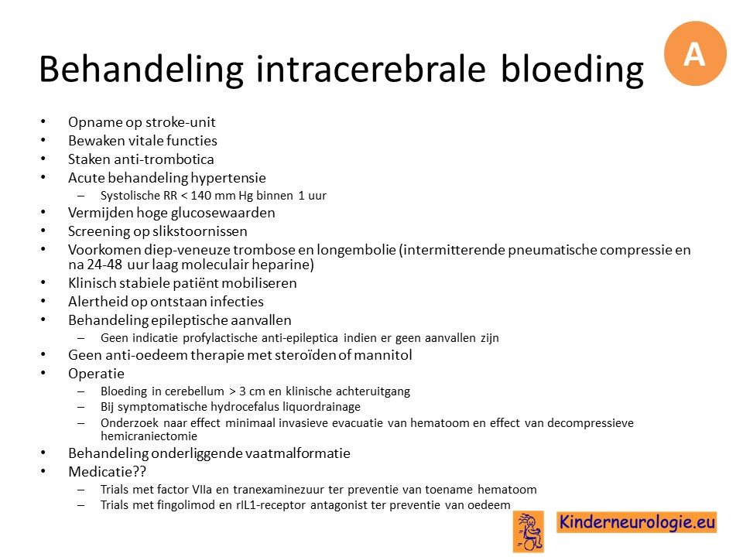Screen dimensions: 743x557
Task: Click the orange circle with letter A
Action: [x=695, y=53]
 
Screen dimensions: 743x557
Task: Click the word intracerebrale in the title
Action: [x=371, y=69]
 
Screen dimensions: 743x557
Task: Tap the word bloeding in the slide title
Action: [x=572, y=70]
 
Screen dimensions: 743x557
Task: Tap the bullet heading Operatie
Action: [x=96, y=374]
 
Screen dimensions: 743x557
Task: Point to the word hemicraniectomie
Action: [x=149, y=436]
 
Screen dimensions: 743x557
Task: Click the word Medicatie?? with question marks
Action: [x=108, y=472]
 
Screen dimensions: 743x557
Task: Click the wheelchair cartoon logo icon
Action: [x=529, y=531]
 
